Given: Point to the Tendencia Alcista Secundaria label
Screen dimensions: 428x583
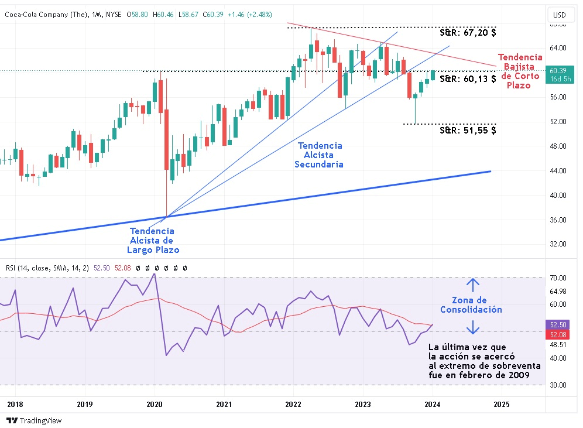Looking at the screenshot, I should click(320, 155).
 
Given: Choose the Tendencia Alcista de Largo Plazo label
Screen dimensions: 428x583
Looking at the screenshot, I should click(152, 240).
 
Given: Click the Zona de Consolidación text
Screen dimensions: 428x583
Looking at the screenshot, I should click(471, 305).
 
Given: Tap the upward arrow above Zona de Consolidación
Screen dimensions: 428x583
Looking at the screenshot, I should click(473, 285).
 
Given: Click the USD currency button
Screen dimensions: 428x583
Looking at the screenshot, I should click(560, 15).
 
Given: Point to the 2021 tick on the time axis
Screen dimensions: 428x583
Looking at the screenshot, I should click(223, 404).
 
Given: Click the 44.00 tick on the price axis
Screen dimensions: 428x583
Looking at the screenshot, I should click(558, 170).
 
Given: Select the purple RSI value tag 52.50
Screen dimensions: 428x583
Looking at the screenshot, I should click(558, 324).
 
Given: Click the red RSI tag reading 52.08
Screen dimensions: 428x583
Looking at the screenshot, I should click(558, 334).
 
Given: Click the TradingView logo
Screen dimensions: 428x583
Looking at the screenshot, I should click(34, 420).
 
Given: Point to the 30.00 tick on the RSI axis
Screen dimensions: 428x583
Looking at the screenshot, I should click(558, 385).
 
